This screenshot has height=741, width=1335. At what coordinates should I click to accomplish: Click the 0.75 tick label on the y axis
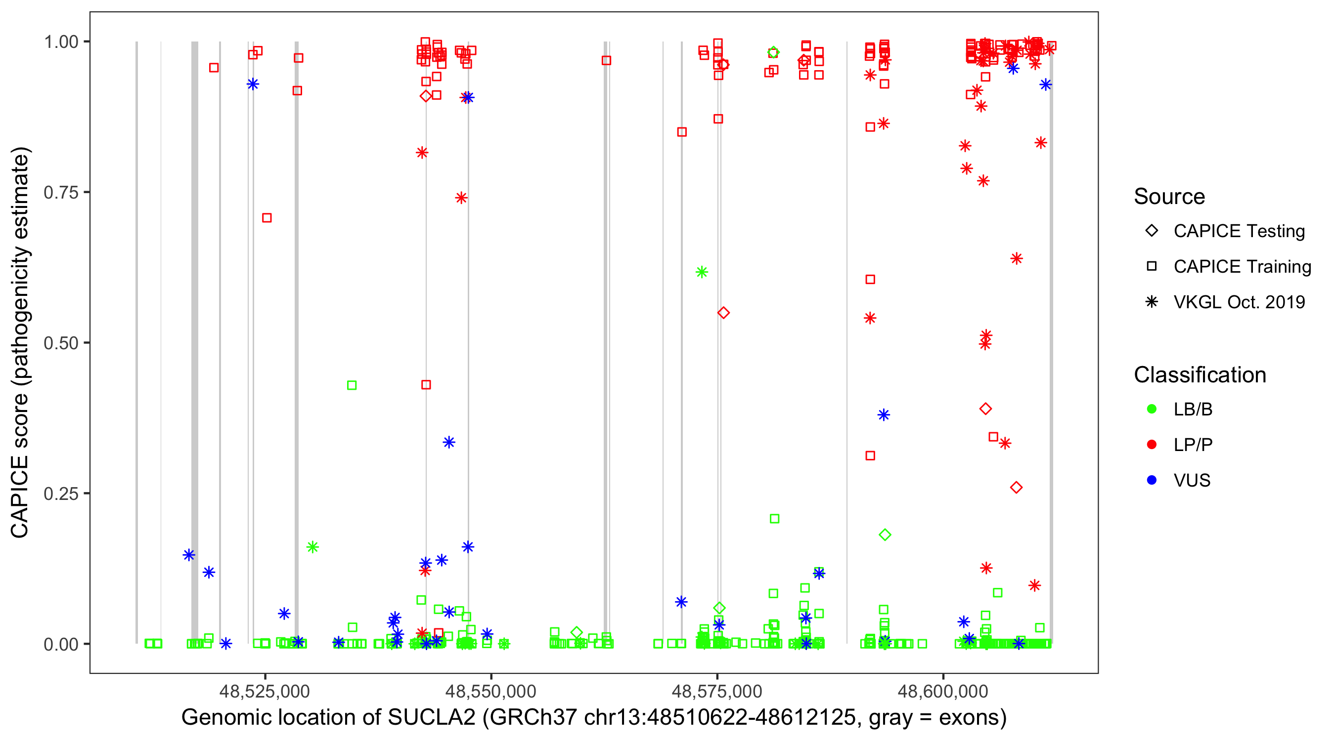pyautogui.click(x=60, y=192)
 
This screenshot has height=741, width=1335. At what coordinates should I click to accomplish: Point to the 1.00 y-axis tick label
pyautogui.click(x=60, y=41)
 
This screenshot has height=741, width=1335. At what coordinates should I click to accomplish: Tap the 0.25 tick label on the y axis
pyautogui.click(x=60, y=493)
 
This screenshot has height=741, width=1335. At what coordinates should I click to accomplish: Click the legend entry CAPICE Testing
pyautogui.click(x=1239, y=231)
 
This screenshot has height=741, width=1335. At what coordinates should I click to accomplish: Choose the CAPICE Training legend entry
pyautogui.click(x=1242, y=266)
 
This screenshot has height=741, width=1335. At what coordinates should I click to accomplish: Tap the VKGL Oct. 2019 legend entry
pyautogui.click(x=1239, y=302)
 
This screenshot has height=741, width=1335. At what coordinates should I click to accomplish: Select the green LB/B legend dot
pyautogui.click(x=1152, y=409)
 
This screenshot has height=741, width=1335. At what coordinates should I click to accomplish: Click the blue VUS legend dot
pyautogui.click(x=1152, y=480)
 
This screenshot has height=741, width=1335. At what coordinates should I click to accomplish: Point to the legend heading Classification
pyautogui.click(x=1199, y=374)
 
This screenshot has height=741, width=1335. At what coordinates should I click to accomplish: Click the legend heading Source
pyautogui.click(x=1169, y=196)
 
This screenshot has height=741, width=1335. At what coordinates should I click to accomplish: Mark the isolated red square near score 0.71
pyautogui.click(x=267, y=218)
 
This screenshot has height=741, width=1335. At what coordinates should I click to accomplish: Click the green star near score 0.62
pyautogui.click(x=702, y=272)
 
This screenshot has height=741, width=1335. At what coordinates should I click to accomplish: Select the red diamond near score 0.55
pyautogui.click(x=723, y=313)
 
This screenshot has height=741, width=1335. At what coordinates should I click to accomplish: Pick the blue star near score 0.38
pyautogui.click(x=884, y=415)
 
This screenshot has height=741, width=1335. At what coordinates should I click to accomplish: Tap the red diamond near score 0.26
pyautogui.click(x=1016, y=487)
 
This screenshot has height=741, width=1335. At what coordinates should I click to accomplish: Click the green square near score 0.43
pyautogui.click(x=352, y=385)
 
